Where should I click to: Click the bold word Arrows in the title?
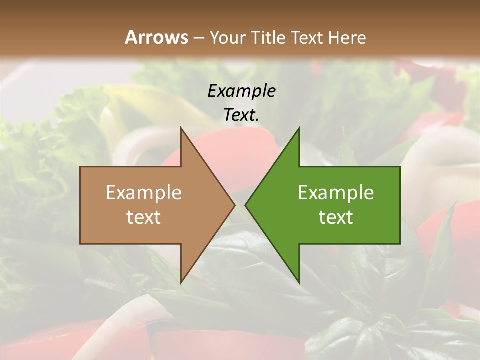(x=156, y=37)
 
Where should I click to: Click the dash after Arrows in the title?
(x=198, y=38)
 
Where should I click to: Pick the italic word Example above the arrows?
(x=241, y=91)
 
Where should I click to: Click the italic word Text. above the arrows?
(x=241, y=115)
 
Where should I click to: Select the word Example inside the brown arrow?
(x=144, y=193)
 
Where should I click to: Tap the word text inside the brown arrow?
(x=144, y=217)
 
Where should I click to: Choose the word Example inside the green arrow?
(x=336, y=193)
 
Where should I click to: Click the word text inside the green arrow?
(x=336, y=217)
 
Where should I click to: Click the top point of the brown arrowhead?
(x=181, y=128)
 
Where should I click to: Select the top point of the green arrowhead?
(x=299, y=128)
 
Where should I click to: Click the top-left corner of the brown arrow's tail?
(x=81, y=167)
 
